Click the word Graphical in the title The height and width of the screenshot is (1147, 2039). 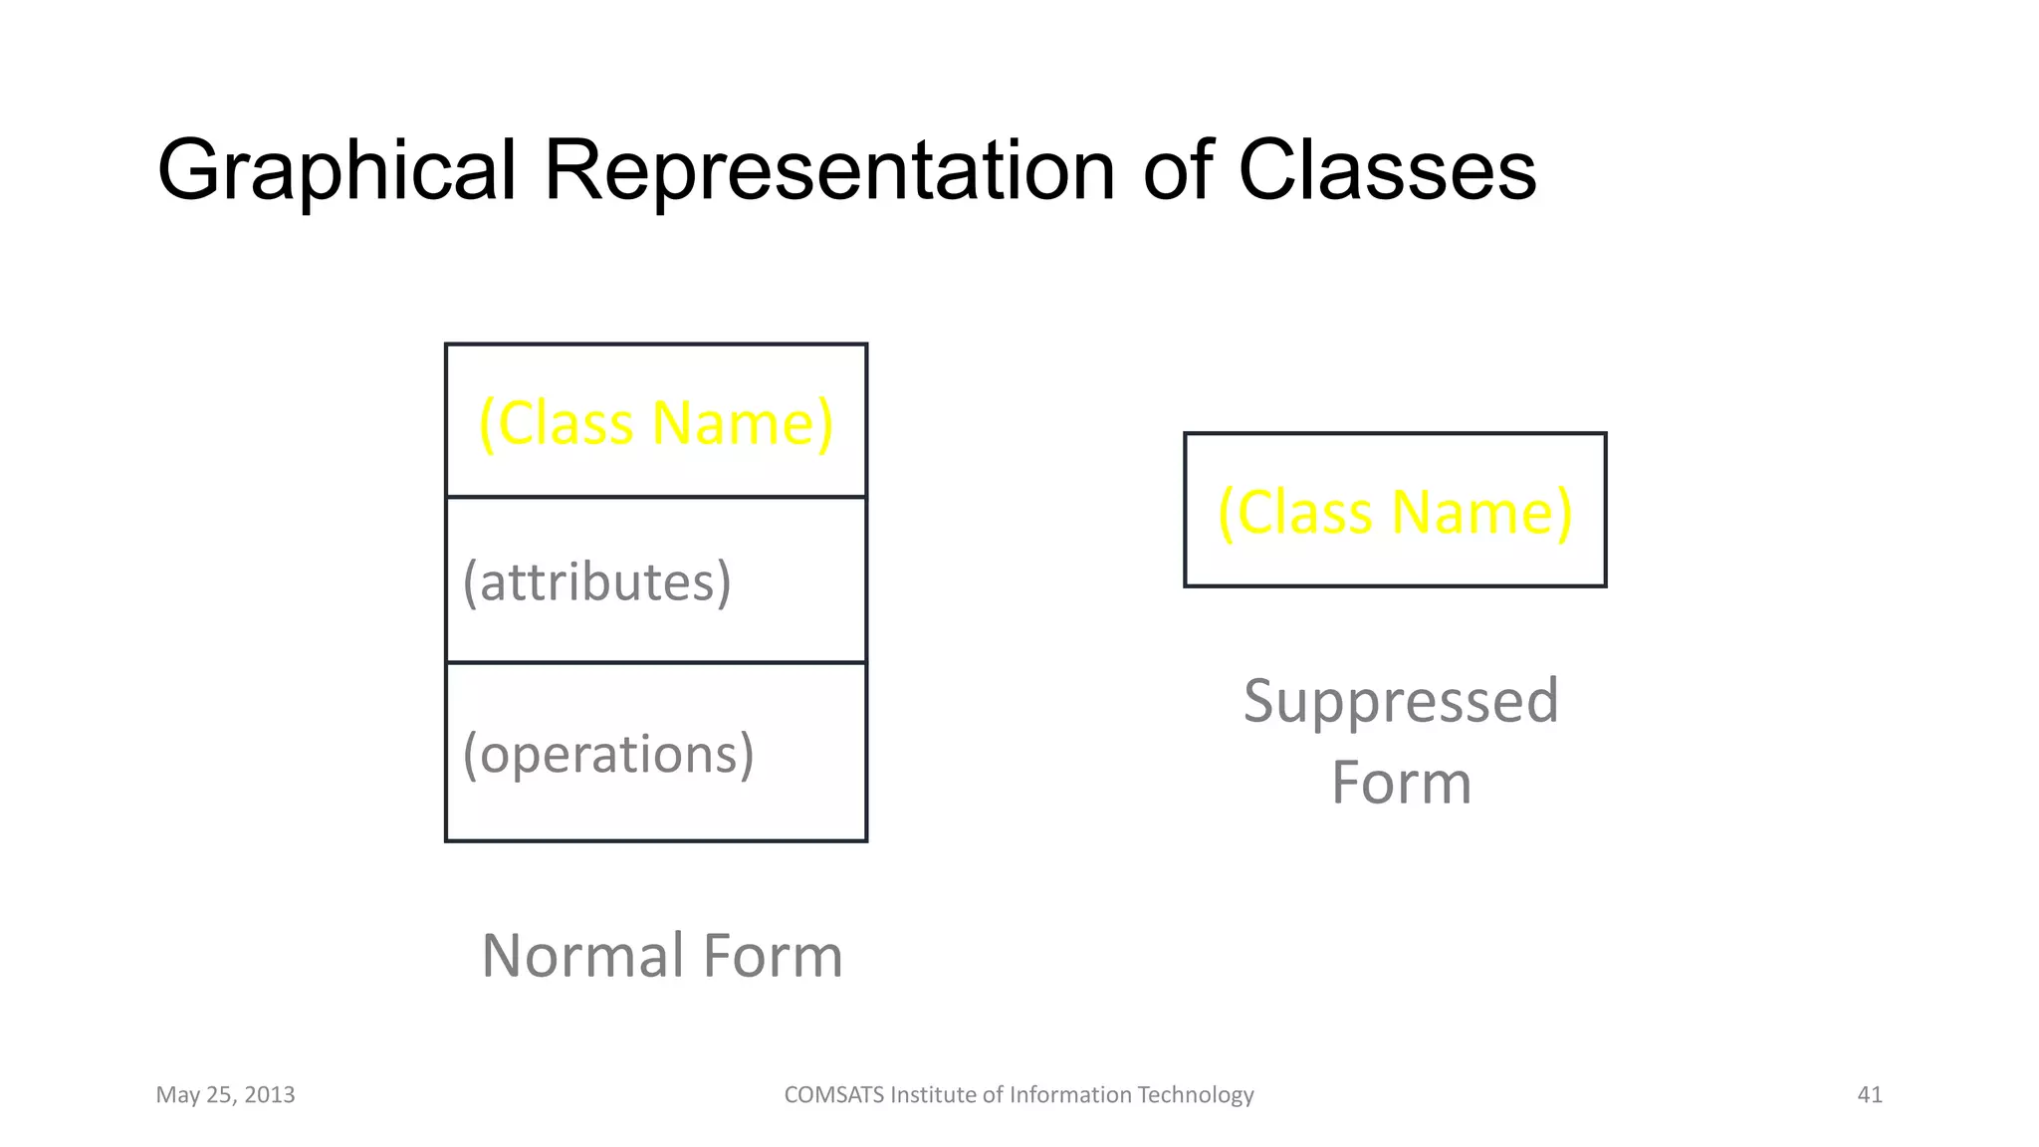tap(337, 171)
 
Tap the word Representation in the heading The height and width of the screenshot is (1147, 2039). tap(828, 171)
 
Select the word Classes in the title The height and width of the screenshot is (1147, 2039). tap(1386, 171)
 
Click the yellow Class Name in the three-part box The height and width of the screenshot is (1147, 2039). tap(655, 423)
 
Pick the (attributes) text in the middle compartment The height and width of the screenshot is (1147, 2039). tap(597, 581)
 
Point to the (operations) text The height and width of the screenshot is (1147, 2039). tap(608, 754)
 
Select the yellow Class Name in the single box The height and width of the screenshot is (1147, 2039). tap(1395, 512)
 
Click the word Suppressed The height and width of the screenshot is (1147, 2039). tap(1401, 701)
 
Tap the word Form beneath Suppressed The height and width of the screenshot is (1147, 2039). tap(1401, 783)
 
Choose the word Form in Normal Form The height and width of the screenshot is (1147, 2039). tap(773, 956)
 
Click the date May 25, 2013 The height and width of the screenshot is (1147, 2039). tap(225, 1095)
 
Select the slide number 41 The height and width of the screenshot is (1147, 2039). tap(1870, 1095)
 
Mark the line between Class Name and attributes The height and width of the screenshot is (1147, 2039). tap(655, 496)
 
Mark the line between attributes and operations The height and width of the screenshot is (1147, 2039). tap(655, 662)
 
